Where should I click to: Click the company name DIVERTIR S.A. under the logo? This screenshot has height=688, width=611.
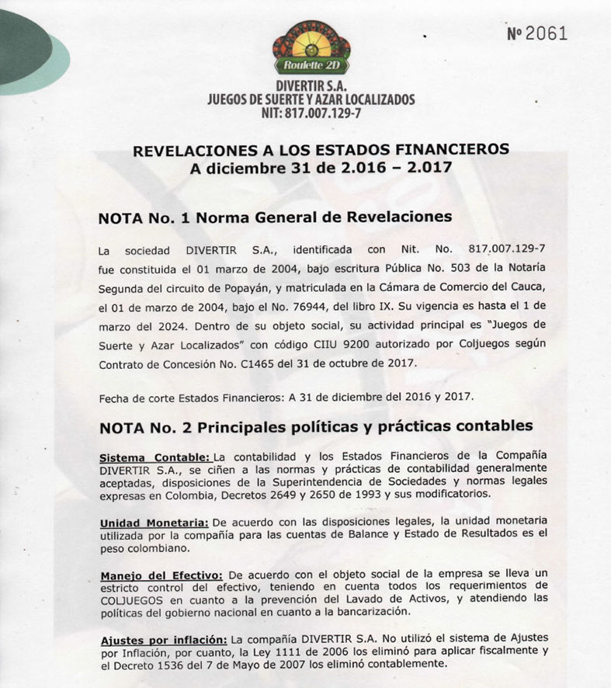coord(311,85)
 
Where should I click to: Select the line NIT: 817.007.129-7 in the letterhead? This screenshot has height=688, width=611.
coord(311,113)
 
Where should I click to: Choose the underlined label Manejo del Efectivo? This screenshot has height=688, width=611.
coord(161,575)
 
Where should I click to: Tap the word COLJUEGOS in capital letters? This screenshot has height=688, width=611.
coord(131,599)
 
